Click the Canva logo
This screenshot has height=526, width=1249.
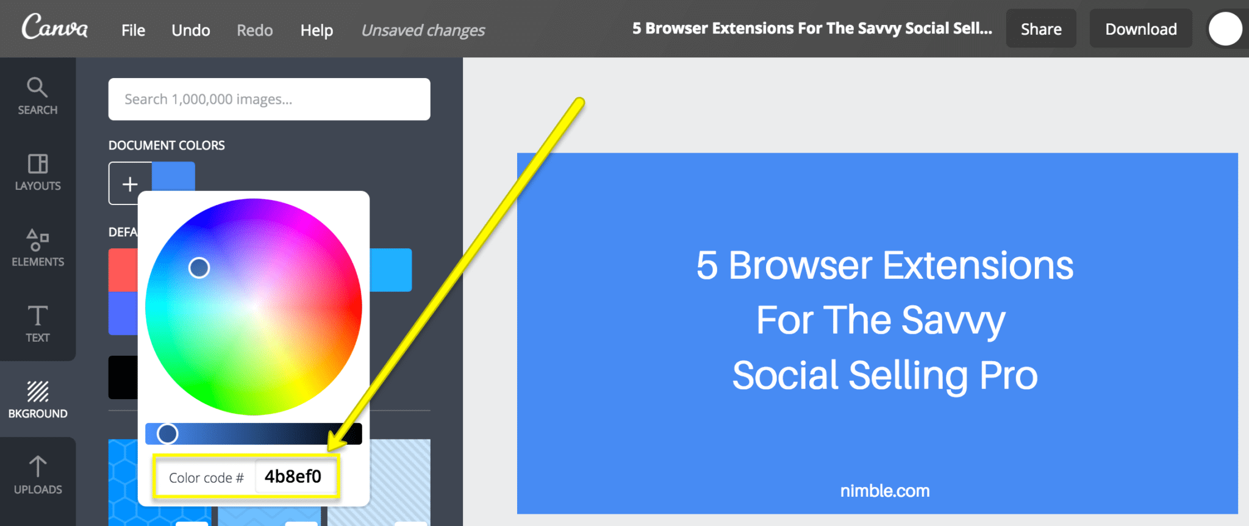coord(54,27)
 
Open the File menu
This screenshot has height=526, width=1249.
coord(133,30)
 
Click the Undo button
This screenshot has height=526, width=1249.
coord(191,30)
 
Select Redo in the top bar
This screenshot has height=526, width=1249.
coord(254,30)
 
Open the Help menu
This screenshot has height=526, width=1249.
coord(317,30)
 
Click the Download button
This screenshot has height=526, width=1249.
coord(1140,29)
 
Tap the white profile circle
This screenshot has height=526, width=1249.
coord(1225,29)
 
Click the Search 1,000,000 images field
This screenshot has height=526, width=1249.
coord(269,99)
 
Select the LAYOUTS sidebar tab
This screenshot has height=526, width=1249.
coord(38,172)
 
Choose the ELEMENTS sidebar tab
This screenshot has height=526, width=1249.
coord(38,248)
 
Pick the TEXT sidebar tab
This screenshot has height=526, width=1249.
coord(38,323)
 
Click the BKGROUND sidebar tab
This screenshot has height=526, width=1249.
coord(38,400)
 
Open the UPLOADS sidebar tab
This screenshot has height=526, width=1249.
coord(38,475)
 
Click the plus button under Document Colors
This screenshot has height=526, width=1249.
coord(130,183)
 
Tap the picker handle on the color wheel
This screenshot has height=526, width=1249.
coord(199,267)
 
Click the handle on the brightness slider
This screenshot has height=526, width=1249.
coord(167,434)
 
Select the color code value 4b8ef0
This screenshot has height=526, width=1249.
coord(293,477)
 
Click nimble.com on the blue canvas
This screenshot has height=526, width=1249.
coord(885,491)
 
